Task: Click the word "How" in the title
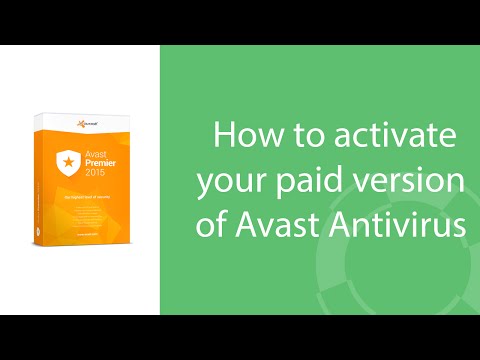tap(239, 134)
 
